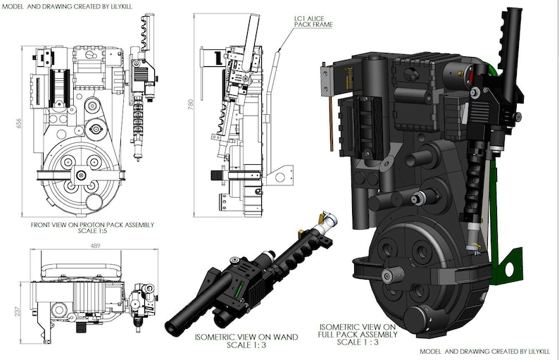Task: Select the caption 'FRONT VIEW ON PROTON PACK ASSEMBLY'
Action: pyautogui.click(x=92, y=225)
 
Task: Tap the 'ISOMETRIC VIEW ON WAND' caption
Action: pyautogui.click(x=246, y=337)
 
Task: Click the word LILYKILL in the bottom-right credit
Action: pyautogui.click(x=534, y=351)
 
